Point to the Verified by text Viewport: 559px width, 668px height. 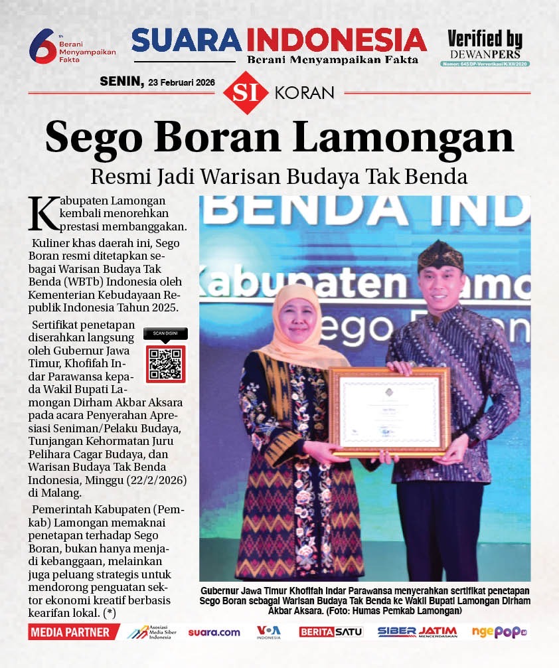(x=485, y=39)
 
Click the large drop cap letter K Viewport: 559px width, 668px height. (x=40, y=213)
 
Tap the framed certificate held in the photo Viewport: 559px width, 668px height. (x=390, y=412)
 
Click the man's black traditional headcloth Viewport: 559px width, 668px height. (x=441, y=256)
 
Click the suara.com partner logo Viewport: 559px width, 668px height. (x=214, y=632)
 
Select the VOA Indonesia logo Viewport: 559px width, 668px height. (x=269, y=632)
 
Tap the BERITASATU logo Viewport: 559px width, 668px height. (x=331, y=632)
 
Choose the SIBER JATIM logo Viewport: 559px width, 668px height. (x=417, y=632)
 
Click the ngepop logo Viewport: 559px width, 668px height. (x=499, y=632)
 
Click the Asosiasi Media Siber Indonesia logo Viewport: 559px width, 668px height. (x=153, y=632)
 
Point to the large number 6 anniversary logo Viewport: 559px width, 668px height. (x=41, y=45)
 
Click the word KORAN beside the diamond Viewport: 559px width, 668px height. (x=304, y=93)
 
